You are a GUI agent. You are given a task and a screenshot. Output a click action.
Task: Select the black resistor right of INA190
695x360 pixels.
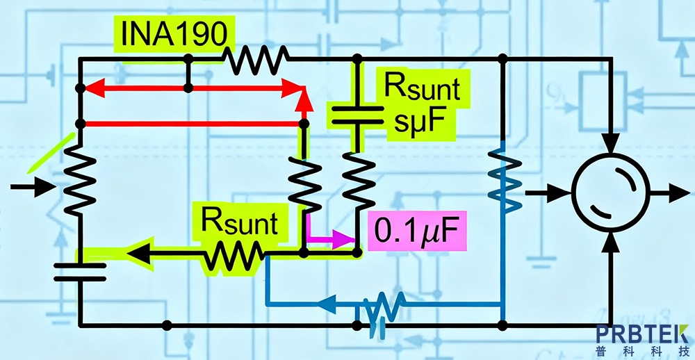coord(255,59)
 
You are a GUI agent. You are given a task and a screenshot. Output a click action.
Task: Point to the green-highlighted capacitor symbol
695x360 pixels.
coord(357,115)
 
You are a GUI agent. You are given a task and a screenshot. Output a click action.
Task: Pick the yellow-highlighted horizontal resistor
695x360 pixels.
coord(232,254)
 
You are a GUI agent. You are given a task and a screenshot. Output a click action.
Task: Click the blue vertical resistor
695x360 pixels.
coord(503,182)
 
